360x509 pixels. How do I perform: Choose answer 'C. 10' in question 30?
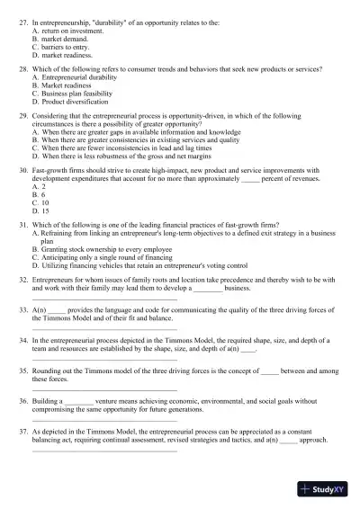[40, 202]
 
